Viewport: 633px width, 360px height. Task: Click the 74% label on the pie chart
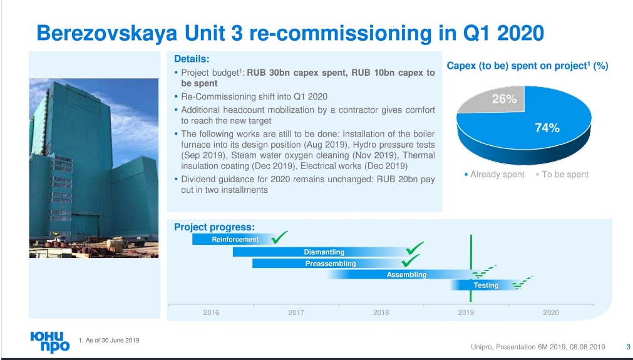[547, 128]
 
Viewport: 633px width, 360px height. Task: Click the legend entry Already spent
[494, 174]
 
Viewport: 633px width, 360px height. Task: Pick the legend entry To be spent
[562, 174]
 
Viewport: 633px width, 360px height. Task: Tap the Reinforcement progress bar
[234, 239]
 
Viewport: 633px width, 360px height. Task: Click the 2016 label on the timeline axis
[211, 312]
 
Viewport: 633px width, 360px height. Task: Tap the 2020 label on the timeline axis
[550, 312]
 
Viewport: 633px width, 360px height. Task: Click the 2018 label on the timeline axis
[381, 312]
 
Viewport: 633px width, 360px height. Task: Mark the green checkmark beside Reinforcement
[279, 237]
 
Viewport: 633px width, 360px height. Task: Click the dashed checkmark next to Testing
[522, 283]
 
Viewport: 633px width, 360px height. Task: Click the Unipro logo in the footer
[50, 342]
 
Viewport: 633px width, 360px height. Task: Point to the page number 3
[628, 347]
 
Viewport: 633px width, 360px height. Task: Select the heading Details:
[192, 59]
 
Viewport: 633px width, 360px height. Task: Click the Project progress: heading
[214, 227]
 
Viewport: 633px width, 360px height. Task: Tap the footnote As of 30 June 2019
[109, 340]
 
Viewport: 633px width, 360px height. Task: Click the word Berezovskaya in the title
[107, 33]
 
